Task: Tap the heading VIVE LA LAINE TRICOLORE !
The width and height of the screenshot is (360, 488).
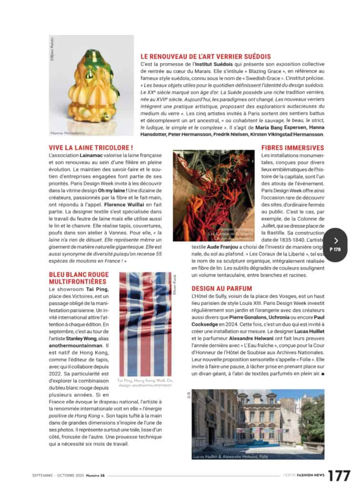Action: click(x=90, y=148)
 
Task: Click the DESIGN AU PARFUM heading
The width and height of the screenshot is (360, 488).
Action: click(x=222, y=288)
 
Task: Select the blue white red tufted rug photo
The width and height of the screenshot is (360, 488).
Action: click(x=145, y=324)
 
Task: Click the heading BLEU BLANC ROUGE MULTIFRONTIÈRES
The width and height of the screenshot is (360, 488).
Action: click(x=79, y=278)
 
